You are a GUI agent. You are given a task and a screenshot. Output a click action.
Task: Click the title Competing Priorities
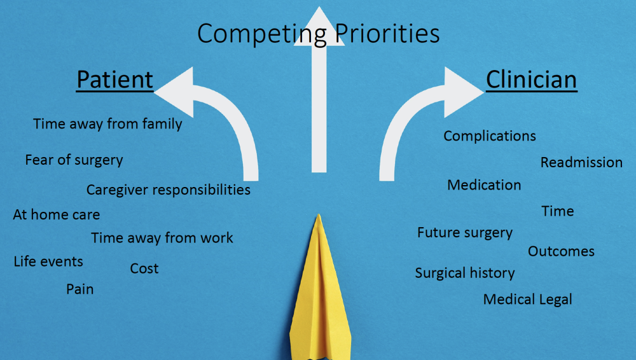click(319, 33)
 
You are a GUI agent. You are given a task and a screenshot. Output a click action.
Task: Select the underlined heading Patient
click(114, 80)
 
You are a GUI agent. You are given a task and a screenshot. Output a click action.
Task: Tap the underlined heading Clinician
click(531, 80)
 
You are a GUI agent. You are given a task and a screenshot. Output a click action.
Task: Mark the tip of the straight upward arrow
click(319, 6)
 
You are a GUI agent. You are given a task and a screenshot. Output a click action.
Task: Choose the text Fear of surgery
click(74, 160)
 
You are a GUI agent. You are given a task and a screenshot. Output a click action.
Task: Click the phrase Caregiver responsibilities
click(169, 190)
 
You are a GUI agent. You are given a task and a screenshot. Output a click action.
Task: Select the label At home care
click(57, 214)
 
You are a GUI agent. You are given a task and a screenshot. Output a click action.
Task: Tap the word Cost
click(144, 268)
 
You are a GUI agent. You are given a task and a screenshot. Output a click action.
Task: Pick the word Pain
click(80, 289)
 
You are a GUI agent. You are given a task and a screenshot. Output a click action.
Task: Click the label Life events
click(48, 261)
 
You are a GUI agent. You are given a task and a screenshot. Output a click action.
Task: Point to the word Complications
click(490, 136)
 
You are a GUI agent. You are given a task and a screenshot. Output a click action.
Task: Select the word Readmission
click(581, 162)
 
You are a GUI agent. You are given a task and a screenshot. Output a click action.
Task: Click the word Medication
click(484, 185)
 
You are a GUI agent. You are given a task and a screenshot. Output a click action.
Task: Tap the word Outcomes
click(561, 251)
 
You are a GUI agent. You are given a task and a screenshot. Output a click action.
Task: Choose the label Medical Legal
click(527, 300)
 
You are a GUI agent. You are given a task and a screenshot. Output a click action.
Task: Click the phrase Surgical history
click(465, 273)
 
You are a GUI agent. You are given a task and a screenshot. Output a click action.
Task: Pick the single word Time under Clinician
click(558, 211)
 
